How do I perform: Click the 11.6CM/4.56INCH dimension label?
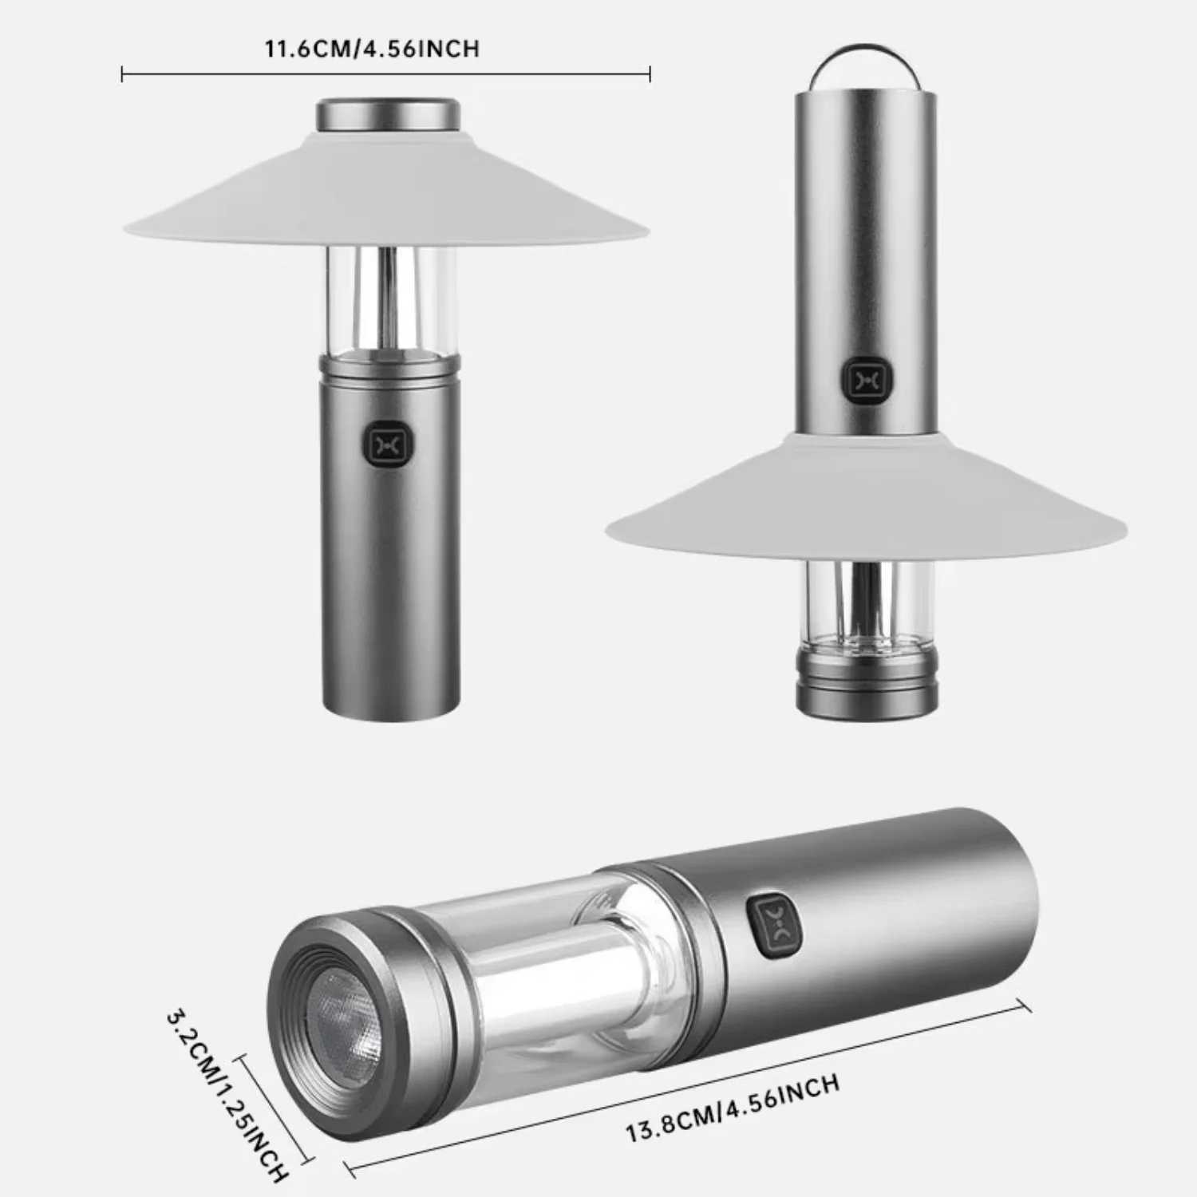point(373,49)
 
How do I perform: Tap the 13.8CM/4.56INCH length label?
point(732,1108)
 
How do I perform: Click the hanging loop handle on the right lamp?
point(866,65)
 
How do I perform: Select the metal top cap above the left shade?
point(389,114)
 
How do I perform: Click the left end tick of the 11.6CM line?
point(122,75)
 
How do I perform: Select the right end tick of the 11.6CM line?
point(650,75)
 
